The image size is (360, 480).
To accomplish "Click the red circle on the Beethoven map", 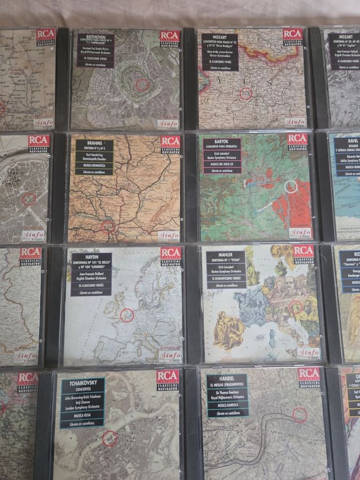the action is click(x=143, y=85).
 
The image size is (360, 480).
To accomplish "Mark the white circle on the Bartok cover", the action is click(x=290, y=186).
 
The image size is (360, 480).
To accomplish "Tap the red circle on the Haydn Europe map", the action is click(x=127, y=315).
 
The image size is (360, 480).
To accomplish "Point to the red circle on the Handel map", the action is click(x=300, y=415).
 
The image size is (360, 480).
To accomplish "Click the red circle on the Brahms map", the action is click(x=109, y=226).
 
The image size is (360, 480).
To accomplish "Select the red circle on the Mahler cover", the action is click(x=295, y=307).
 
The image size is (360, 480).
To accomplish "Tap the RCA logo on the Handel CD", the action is click(x=308, y=374).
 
